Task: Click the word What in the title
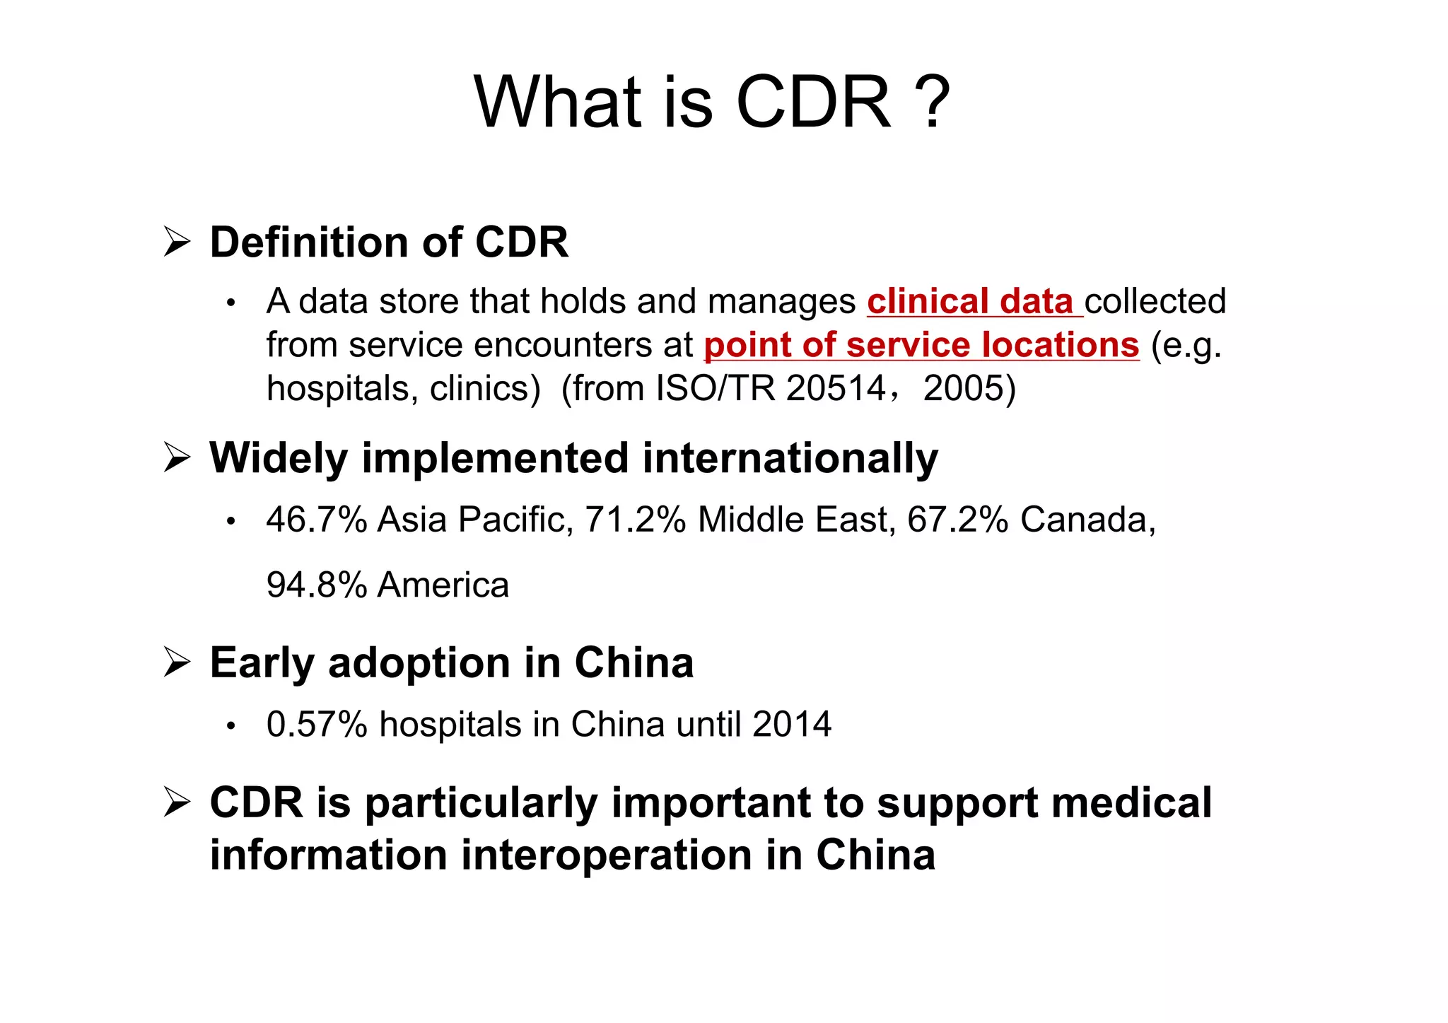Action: [557, 103]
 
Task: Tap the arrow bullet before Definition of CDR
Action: [177, 242]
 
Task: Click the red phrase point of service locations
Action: [921, 346]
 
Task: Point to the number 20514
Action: [836, 388]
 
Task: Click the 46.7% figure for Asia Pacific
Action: [317, 520]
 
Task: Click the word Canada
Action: [1087, 520]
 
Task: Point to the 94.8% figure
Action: [317, 585]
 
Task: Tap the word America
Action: [443, 585]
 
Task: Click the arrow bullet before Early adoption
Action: [177, 662]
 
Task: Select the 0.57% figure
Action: [317, 725]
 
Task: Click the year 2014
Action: [792, 725]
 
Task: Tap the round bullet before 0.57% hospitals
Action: [230, 726]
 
